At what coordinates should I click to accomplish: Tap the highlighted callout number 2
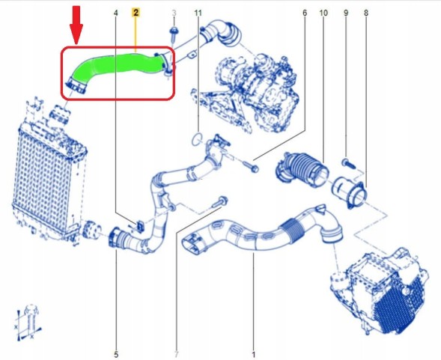[x=136, y=13]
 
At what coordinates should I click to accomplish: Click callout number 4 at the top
[x=115, y=13]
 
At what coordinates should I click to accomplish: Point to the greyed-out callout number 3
[x=174, y=13]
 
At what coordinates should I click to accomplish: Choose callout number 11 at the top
[x=198, y=13]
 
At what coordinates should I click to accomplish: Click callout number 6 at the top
[x=305, y=13]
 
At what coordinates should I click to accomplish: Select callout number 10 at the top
[x=323, y=13]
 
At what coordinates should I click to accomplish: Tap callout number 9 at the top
[x=345, y=13]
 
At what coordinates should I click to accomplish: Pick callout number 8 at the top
[x=365, y=13]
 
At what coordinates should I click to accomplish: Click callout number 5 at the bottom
[x=116, y=353]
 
